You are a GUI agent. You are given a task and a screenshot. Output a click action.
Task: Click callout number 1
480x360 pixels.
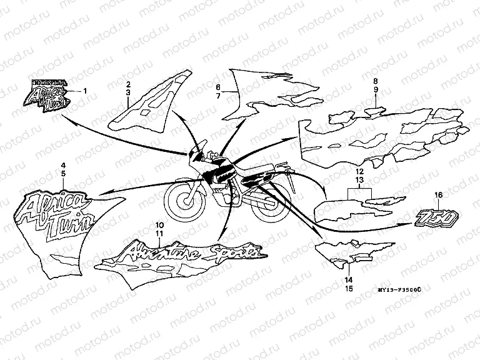point(86,91)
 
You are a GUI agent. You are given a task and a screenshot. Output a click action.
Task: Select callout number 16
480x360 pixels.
point(438,196)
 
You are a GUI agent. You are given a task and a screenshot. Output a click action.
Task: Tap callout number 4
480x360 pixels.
point(62,164)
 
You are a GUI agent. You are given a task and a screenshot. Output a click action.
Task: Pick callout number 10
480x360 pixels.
point(159,224)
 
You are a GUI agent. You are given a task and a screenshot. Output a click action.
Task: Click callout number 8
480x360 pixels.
point(376,81)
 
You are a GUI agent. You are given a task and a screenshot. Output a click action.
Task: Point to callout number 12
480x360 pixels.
point(359,171)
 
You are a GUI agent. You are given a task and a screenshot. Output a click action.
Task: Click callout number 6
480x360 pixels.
point(218,87)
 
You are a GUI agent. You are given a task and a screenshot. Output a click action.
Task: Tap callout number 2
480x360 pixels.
point(127,84)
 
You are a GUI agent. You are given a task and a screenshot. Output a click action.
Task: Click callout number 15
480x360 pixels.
point(349,289)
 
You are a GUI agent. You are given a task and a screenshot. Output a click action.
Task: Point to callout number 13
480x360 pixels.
point(359,179)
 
